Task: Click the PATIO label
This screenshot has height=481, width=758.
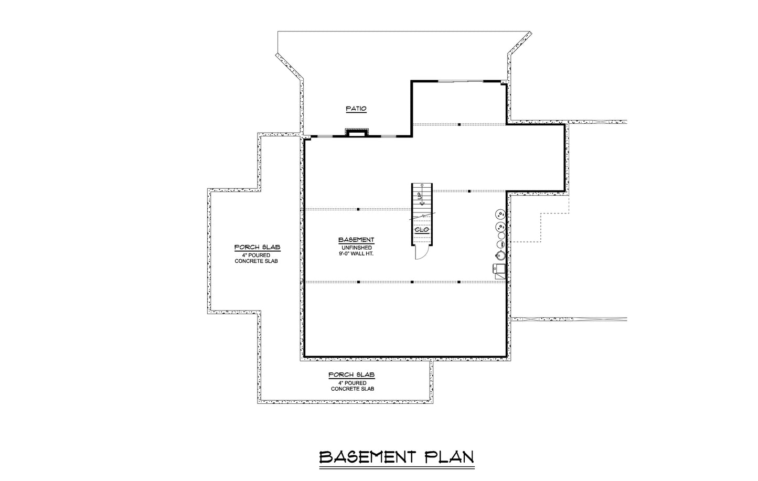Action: pos(356,109)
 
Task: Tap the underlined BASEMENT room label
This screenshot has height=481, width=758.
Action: pos(356,240)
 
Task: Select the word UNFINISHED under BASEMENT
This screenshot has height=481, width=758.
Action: pos(356,248)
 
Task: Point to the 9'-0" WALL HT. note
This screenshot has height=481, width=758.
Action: pos(356,254)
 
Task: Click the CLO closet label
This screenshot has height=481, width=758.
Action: pos(422,230)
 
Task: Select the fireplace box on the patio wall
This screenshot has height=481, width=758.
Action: pos(356,133)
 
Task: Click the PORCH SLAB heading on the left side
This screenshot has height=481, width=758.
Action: pos(257,247)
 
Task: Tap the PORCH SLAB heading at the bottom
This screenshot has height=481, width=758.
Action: pos(351,375)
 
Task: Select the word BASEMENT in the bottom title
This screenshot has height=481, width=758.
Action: pos(367,457)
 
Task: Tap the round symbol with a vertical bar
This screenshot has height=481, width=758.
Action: pos(501,244)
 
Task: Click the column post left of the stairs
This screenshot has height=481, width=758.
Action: pos(358,209)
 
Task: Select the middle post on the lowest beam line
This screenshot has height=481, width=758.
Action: pos(412,282)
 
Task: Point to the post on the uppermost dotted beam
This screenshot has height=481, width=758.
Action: pos(459,124)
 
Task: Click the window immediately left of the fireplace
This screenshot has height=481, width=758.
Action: pos(325,136)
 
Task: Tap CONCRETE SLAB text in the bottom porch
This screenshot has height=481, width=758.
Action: pos(353,389)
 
